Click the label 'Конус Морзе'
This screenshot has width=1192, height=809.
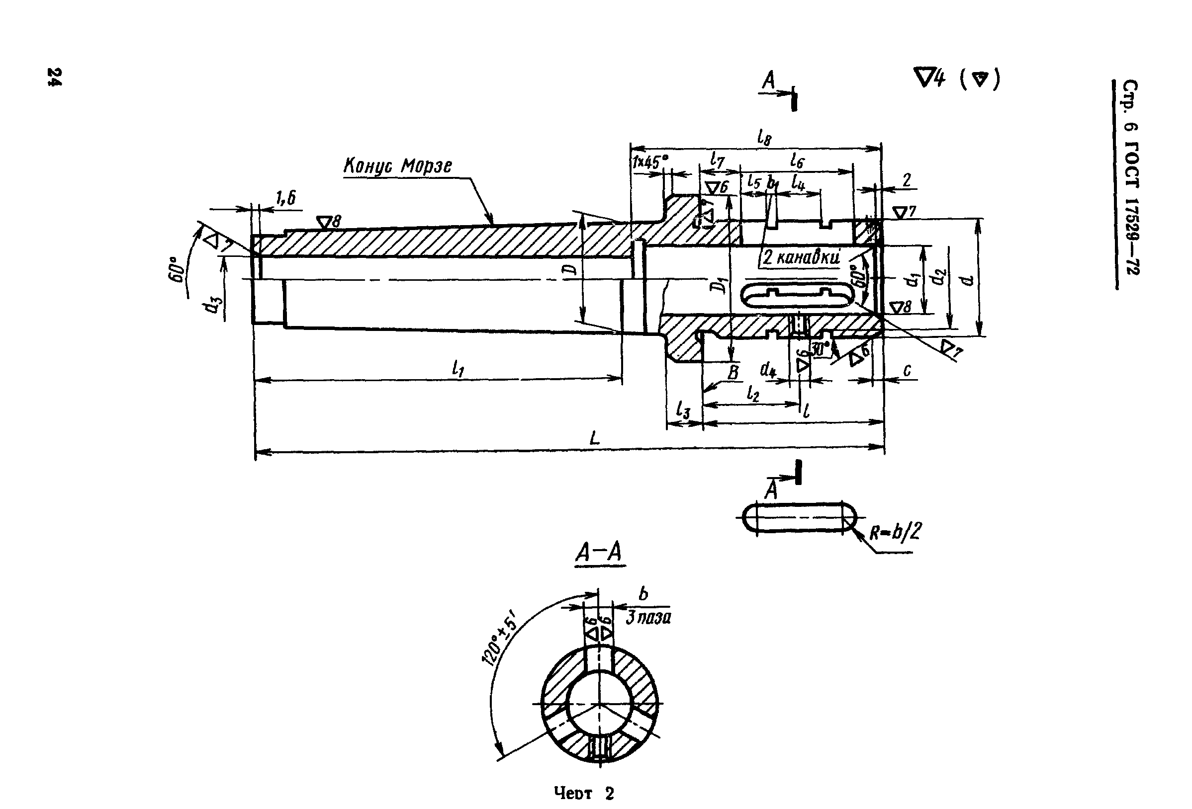397,165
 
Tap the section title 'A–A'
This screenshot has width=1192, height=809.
599,553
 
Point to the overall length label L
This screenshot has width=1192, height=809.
594,438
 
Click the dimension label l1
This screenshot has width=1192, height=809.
458,368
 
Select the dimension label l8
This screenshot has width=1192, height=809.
764,137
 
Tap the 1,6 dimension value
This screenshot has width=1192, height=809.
285,198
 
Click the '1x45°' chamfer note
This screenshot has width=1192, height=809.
650,162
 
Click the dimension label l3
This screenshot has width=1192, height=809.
683,410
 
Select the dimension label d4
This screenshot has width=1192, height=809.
768,369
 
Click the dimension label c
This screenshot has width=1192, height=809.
907,370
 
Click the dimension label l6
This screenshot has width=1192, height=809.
797,161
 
